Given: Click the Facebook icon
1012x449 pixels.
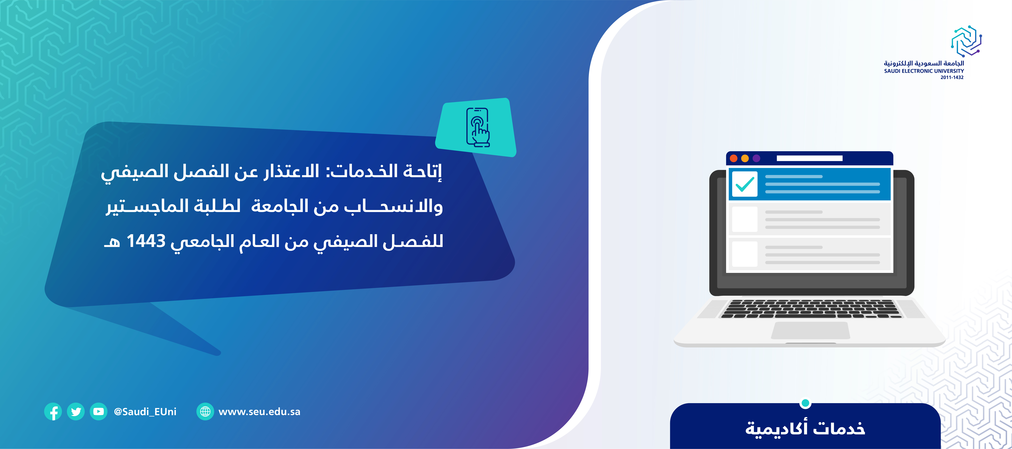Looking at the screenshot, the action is click(x=53, y=412).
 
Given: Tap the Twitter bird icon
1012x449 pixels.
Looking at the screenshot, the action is click(x=76, y=412).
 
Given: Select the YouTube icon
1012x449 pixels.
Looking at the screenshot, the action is click(x=99, y=412).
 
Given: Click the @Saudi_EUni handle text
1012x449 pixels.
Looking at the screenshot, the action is click(x=145, y=412).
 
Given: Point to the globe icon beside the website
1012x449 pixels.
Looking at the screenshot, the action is click(x=205, y=412).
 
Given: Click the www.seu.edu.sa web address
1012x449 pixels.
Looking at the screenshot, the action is click(x=259, y=412).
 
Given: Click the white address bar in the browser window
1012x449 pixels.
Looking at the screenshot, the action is click(x=810, y=158).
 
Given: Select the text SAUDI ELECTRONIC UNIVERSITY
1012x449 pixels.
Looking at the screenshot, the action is click(x=924, y=71).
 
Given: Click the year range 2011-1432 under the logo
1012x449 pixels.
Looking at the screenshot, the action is click(x=952, y=77).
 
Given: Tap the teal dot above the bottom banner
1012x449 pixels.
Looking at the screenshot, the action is click(x=805, y=403).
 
